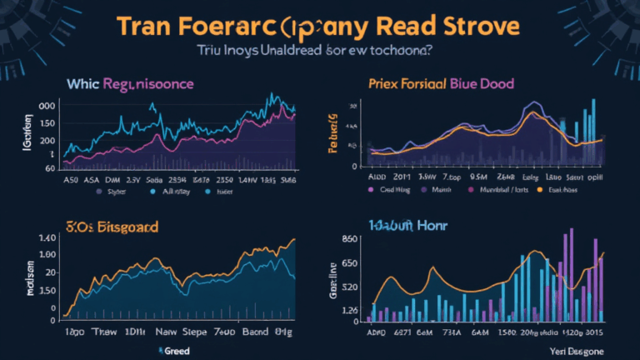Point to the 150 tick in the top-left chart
click(47, 122)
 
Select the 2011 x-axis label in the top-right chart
click(402, 177)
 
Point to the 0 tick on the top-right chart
click(356, 167)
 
